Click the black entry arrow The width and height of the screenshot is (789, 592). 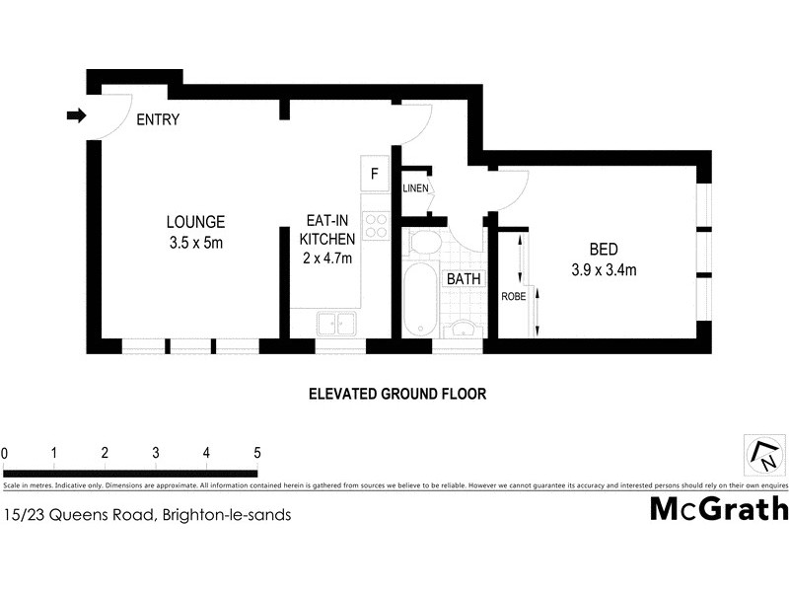coord(76,116)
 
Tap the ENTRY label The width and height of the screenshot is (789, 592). coord(158,120)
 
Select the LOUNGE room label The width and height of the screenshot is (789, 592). coord(195,222)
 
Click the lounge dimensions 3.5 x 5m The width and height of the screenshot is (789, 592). coord(195,243)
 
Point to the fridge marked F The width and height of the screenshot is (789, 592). coord(375,175)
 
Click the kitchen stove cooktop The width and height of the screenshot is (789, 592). coord(375,226)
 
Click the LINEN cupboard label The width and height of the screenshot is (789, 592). coord(415,188)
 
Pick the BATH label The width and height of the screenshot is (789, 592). coord(464,279)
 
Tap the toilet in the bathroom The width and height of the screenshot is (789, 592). coord(427,243)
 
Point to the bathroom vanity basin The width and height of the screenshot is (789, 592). coord(461,328)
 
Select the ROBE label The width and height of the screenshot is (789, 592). coord(513,296)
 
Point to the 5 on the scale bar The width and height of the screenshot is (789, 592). coord(257,453)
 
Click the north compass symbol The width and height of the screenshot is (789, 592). coord(764,456)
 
